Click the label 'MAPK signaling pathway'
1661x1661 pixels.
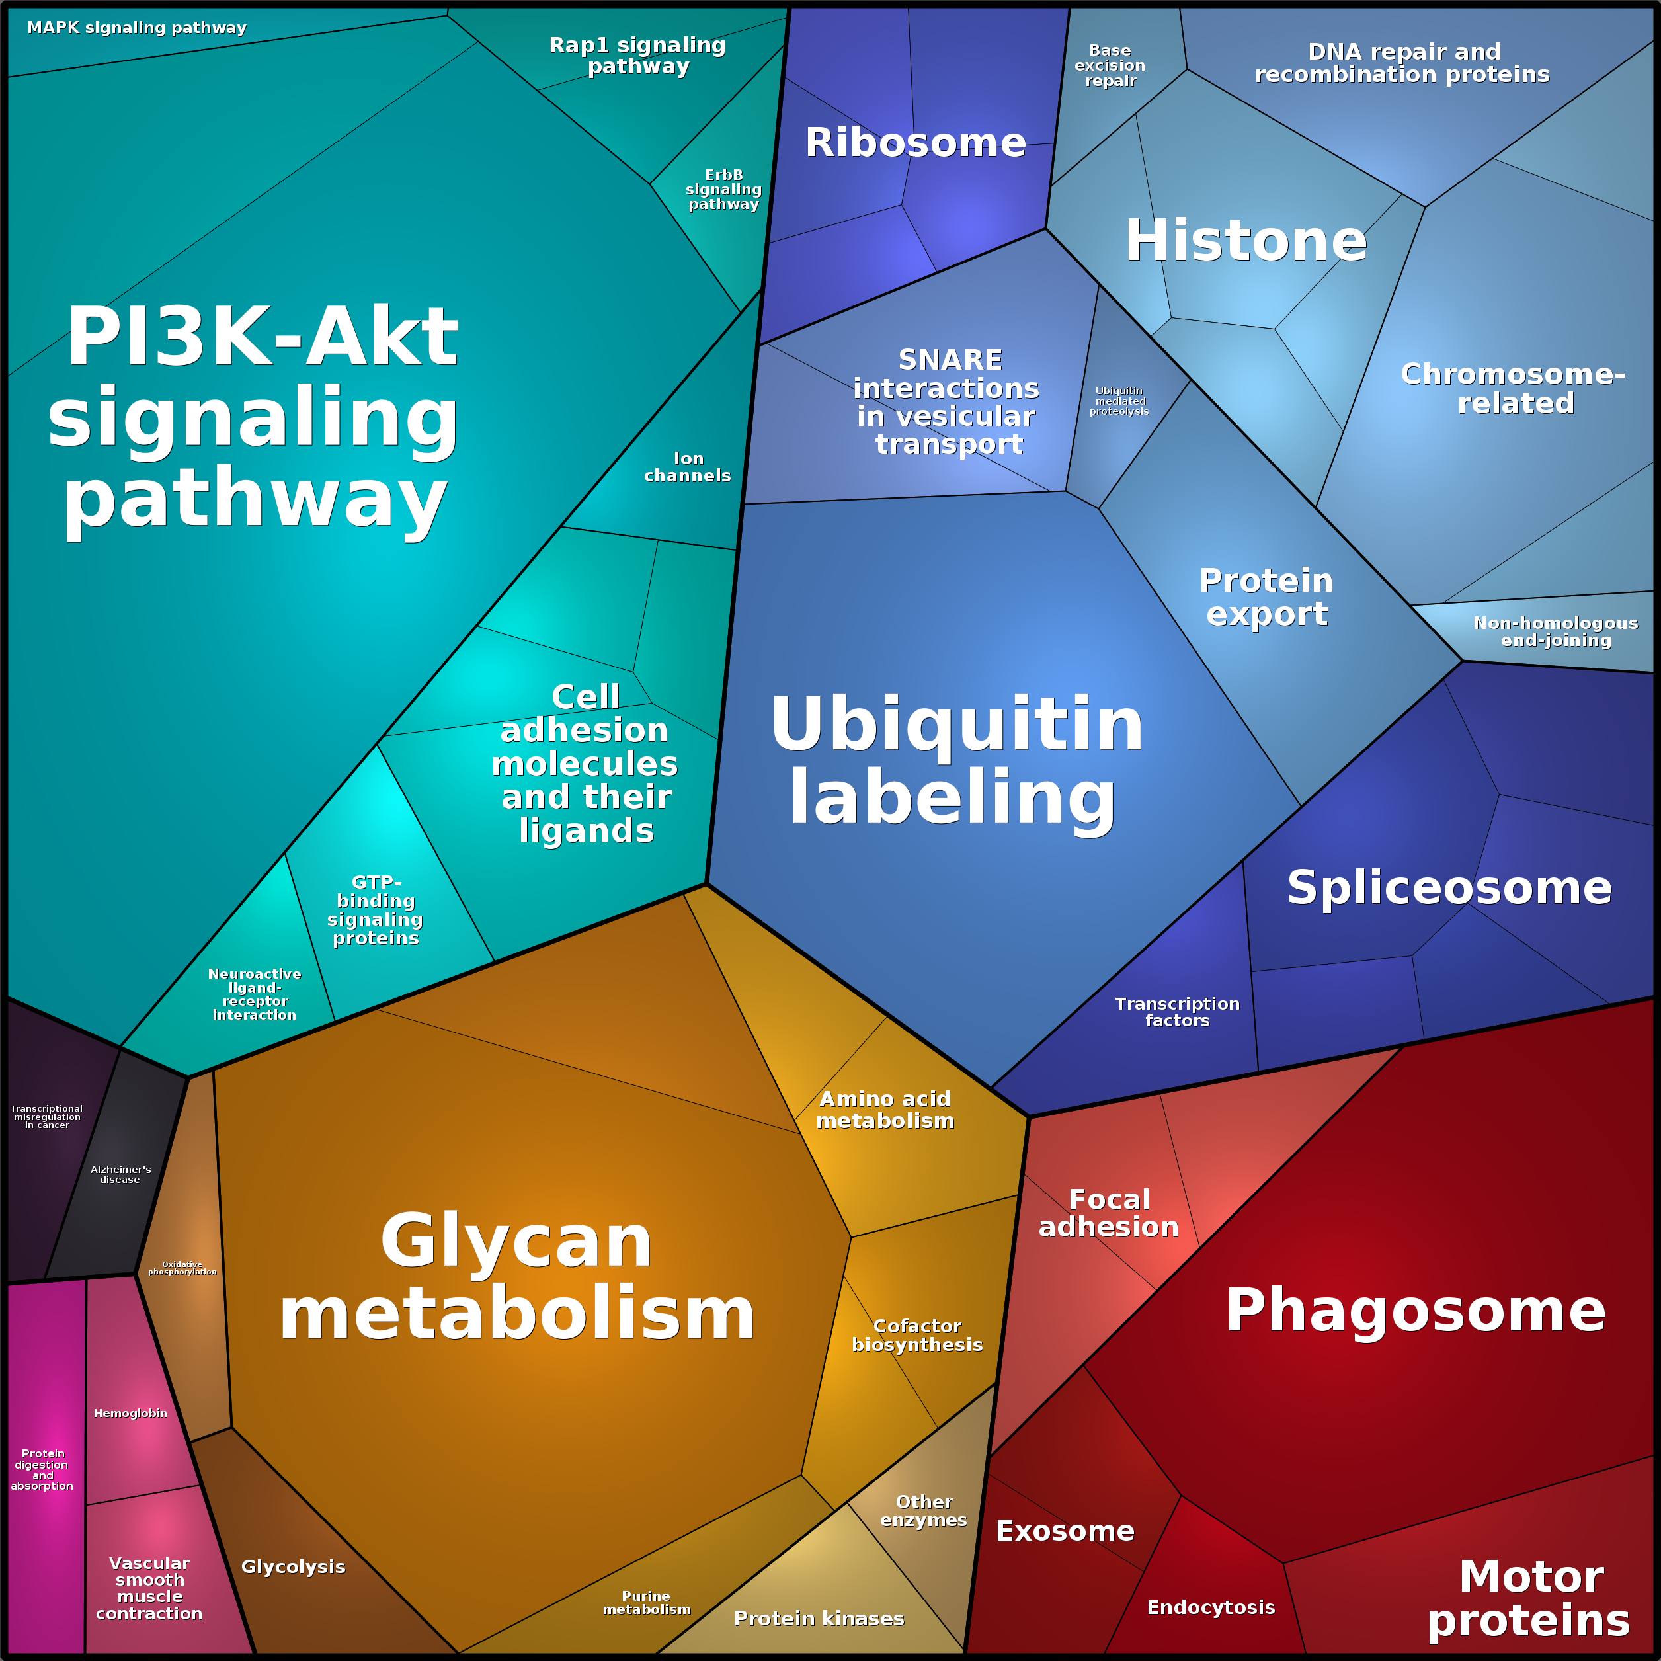coord(137,28)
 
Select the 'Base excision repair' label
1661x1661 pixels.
coord(1110,65)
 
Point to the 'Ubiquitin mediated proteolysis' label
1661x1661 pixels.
coord(1119,401)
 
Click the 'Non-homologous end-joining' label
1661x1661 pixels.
coord(1555,631)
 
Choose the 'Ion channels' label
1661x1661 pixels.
coord(688,467)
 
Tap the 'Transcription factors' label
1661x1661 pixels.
coord(1177,1012)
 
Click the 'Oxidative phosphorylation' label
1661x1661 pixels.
coord(182,1268)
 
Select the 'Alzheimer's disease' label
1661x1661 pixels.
coord(120,1174)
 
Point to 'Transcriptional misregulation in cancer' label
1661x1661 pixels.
coord(46,1117)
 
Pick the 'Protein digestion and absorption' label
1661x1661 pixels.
coord(42,1469)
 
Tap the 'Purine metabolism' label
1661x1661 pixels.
coord(647,1603)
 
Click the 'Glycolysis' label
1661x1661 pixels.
coord(293,1566)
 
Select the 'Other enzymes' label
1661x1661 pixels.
coord(923,1510)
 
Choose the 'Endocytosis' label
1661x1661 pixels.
coord(1211,1607)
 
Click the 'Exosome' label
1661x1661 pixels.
coord(1065,1531)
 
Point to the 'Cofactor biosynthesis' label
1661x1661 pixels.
coord(917,1335)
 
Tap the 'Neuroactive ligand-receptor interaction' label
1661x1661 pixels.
coord(255,994)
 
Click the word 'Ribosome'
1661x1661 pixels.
coord(916,142)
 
